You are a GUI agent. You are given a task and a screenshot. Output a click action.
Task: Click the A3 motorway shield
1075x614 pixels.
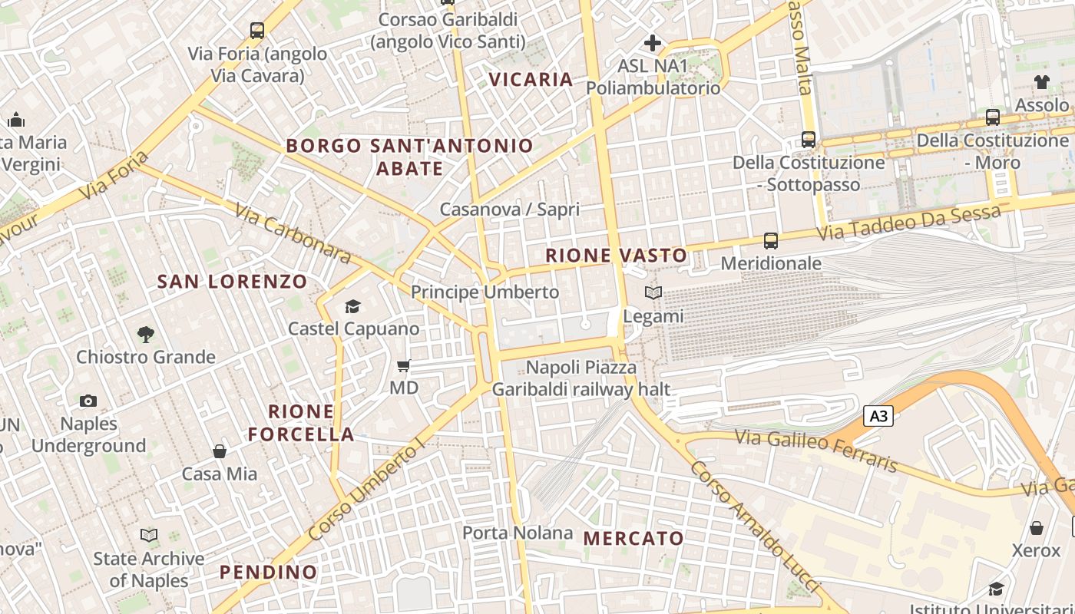[879, 416]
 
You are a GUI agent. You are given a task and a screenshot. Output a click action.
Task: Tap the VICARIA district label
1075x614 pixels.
[531, 79]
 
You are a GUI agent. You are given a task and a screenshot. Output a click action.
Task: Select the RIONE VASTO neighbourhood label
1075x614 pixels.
[617, 256]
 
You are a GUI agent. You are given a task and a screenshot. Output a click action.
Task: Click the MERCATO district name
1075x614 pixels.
[633, 538]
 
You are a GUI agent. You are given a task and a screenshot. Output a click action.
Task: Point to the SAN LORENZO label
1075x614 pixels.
[232, 282]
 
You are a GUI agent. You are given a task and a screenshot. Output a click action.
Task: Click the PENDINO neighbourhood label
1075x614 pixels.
[268, 572]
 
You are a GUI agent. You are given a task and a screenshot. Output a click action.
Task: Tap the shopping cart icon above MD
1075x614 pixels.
[403, 365]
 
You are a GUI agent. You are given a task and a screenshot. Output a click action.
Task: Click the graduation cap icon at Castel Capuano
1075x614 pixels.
[352, 307]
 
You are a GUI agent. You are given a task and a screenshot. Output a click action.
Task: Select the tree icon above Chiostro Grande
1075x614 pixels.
[145, 335]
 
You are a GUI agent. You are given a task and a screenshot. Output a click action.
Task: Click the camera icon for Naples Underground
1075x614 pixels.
[88, 401]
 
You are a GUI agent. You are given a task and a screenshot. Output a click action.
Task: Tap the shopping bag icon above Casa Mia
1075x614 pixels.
[220, 451]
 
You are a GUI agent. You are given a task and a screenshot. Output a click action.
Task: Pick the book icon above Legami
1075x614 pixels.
[653, 293]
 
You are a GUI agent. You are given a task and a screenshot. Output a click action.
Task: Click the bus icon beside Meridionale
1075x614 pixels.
[771, 241]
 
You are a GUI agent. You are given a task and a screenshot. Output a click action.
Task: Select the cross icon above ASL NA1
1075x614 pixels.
[653, 43]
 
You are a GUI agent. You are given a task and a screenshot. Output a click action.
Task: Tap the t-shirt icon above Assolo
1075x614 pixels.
[1041, 82]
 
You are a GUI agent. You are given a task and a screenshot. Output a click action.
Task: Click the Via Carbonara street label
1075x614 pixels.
[293, 233]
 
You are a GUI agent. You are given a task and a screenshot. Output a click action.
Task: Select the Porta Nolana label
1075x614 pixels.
[518, 533]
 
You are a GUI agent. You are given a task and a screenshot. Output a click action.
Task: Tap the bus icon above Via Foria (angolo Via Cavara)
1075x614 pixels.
[257, 31]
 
